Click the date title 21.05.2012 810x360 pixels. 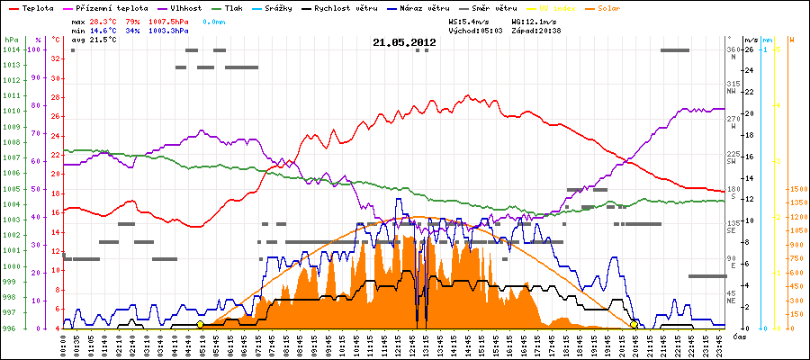pos(404,42)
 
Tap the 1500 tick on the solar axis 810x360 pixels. pos(797,190)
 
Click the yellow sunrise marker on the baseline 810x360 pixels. pos(200,324)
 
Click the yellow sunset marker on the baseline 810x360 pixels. pos(634,324)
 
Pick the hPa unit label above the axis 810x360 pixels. pos(11,40)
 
